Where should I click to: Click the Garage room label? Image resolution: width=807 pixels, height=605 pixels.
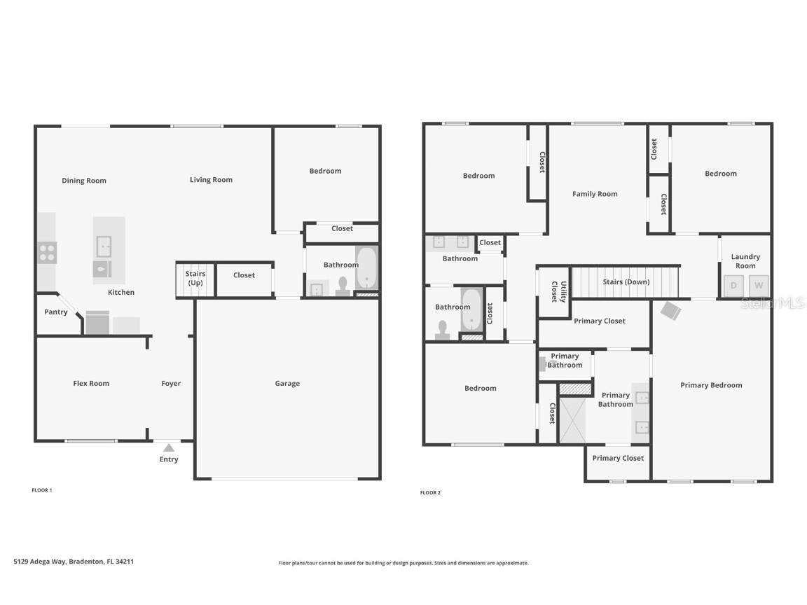coord(287,383)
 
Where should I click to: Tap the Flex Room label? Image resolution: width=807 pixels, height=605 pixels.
coord(91,383)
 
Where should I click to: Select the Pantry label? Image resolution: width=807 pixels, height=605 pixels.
coord(56,312)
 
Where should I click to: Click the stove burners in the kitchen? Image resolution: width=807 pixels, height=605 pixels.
coord(47,252)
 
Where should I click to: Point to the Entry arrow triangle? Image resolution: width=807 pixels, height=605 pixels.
coord(169,447)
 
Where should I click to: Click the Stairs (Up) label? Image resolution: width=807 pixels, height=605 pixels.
coord(195,278)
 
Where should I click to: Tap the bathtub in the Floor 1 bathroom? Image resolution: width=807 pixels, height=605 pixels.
coord(366,268)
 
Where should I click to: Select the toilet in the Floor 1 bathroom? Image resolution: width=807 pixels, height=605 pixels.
coord(343,286)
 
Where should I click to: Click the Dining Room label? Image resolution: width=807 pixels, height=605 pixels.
coord(84,181)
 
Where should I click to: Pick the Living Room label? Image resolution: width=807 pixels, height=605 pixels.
coord(211,180)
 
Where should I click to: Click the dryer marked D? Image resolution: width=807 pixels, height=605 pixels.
coord(733,285)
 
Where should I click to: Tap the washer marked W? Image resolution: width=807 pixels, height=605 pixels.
coord(759,285)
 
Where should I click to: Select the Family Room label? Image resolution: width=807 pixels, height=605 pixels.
coord(595,194)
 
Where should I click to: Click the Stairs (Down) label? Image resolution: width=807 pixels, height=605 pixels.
coord(626,282)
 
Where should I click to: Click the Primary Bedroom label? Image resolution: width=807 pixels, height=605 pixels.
coord(711,385)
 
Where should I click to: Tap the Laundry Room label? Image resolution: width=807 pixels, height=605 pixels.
coord(745,261)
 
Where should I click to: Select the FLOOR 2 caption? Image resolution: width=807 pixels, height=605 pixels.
coord(430,493)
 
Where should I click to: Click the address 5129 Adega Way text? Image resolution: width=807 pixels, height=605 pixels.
coord(74,562)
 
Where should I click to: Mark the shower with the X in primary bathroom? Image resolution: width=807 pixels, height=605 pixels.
coord(571,419)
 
